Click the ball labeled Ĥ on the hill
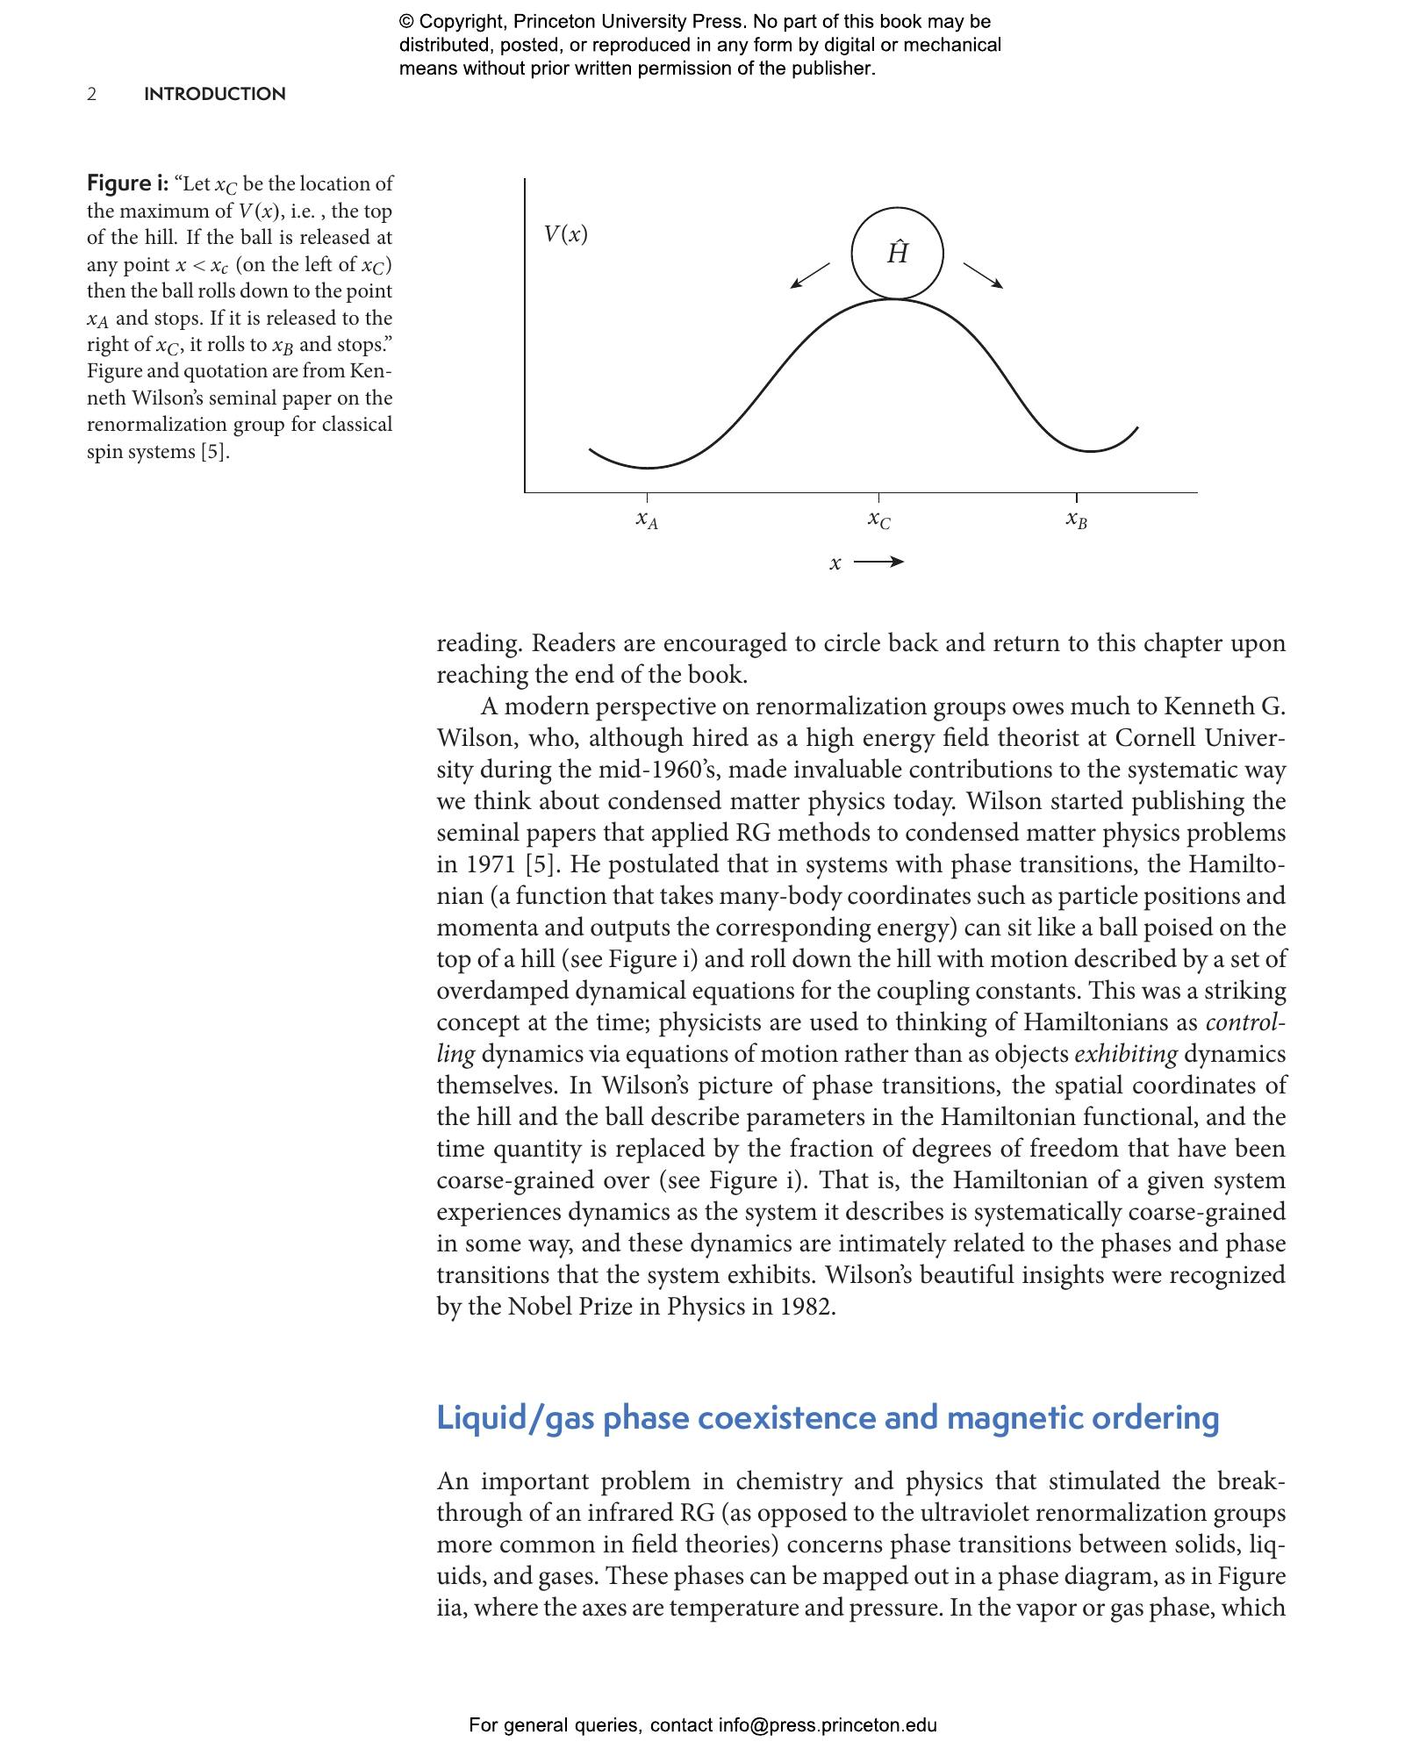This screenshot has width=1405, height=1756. (x=897, y=254)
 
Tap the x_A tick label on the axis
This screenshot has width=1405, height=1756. (x=647, y=520)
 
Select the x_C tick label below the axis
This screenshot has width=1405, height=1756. (x=878, y=520)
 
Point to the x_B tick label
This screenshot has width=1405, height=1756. (x=1076, y=520)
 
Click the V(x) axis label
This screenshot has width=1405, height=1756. (x=565, y=233)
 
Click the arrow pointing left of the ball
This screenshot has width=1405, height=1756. (x=809, y=275)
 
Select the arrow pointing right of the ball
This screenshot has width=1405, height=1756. (x=984, y=275)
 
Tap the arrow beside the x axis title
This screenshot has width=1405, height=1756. (x=878, y=563)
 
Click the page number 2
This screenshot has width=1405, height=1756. (x=91, y=94)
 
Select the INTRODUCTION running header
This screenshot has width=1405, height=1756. (x=214, y=94)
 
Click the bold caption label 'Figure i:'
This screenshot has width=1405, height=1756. (x=127, y=183)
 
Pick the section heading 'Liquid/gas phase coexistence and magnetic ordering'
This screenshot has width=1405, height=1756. (x=828, y=1417)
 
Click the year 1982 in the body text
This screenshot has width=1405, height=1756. (x=806, y=1307)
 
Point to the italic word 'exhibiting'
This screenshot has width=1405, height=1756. (x=1125, y=1054)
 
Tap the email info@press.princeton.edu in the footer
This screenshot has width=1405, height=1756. (x=828, y=1725)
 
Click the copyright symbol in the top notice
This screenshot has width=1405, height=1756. (x=406, y=22)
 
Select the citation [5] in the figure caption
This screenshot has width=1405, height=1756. (x=215, y=452)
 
